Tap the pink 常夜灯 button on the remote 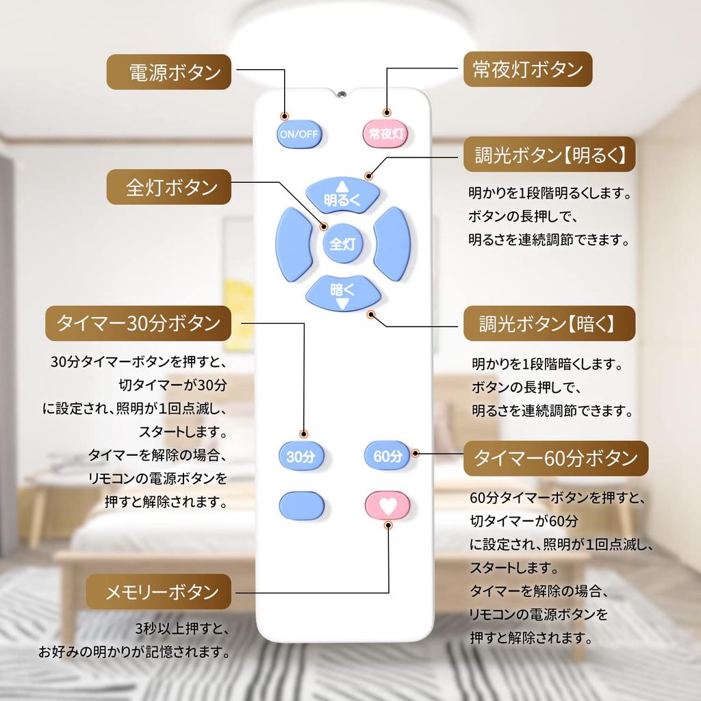(x=385, y=133)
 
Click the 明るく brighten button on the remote (x=342, y=195)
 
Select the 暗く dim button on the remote (x=342, y=293)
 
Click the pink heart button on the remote (x=387, y=506)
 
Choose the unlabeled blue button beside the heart (x=301, y=506)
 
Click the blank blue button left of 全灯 (x=294, y=244)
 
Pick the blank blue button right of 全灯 (x=392, y=244)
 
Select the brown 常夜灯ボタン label (x=527, y=68)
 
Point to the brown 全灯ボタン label (x=168, y=187)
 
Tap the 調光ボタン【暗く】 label (x=549, y=324)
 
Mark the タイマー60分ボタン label (x=555, y=458)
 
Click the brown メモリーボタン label (x=158, y=591)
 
